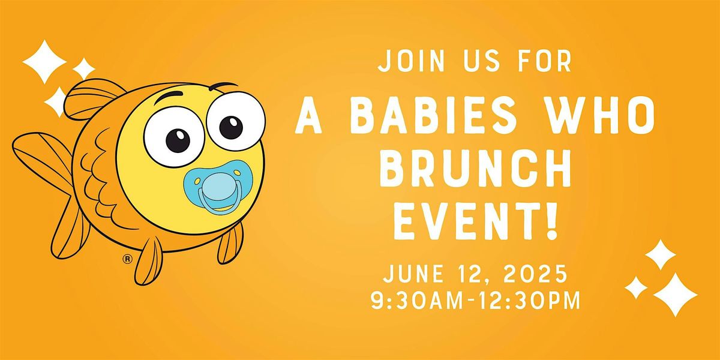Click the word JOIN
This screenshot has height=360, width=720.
(x=411, y=60)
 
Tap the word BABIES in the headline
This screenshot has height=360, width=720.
(x=433, y=115)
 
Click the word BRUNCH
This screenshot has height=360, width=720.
(x=475, y=168)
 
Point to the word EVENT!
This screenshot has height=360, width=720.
(x=476, y=221)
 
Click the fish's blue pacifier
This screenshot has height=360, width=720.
(x=218, y=187)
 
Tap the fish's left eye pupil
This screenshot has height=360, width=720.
(x=178, y=141)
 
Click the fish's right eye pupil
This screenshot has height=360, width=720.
(x=231, y=127)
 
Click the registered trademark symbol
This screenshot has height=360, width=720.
(x=127, y=259)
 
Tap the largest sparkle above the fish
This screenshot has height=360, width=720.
(x=44, y=62)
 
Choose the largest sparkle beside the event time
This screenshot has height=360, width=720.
(x=675, y=295)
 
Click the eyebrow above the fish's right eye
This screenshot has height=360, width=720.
(x=223, y=86)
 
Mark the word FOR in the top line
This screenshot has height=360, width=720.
(x=545, y=60)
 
